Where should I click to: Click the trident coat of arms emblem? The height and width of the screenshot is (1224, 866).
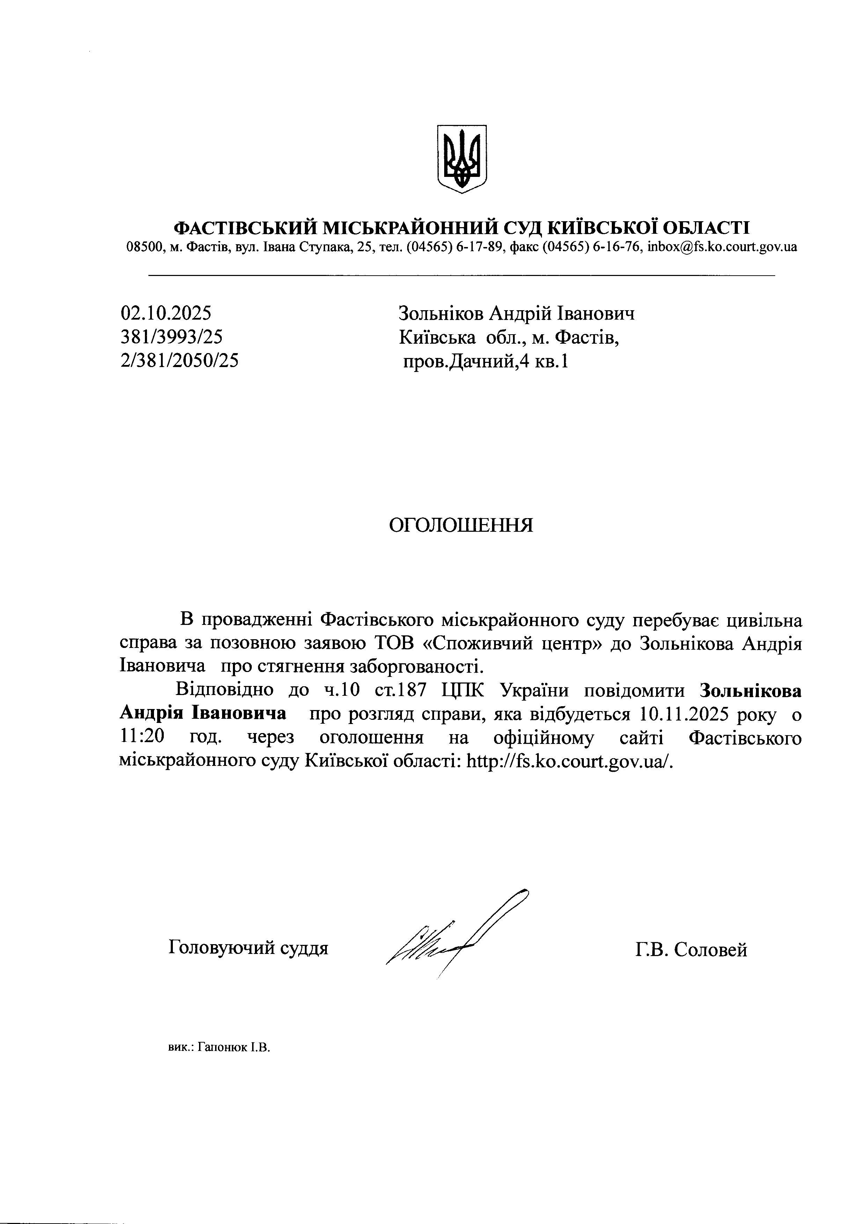(x=462, y=159)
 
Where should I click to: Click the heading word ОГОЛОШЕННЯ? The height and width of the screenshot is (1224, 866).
(x=461, y=525)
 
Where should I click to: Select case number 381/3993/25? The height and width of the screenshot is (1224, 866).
(x=172, y=337)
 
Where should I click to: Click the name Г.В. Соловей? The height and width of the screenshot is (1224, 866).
(x=691, y=949)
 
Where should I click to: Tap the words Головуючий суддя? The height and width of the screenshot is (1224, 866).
(x=248, y=947)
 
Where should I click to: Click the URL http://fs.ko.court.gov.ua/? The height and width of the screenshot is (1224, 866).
(x=570, y=761)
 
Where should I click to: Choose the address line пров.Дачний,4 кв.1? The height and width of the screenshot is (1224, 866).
(x=485, y=362)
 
